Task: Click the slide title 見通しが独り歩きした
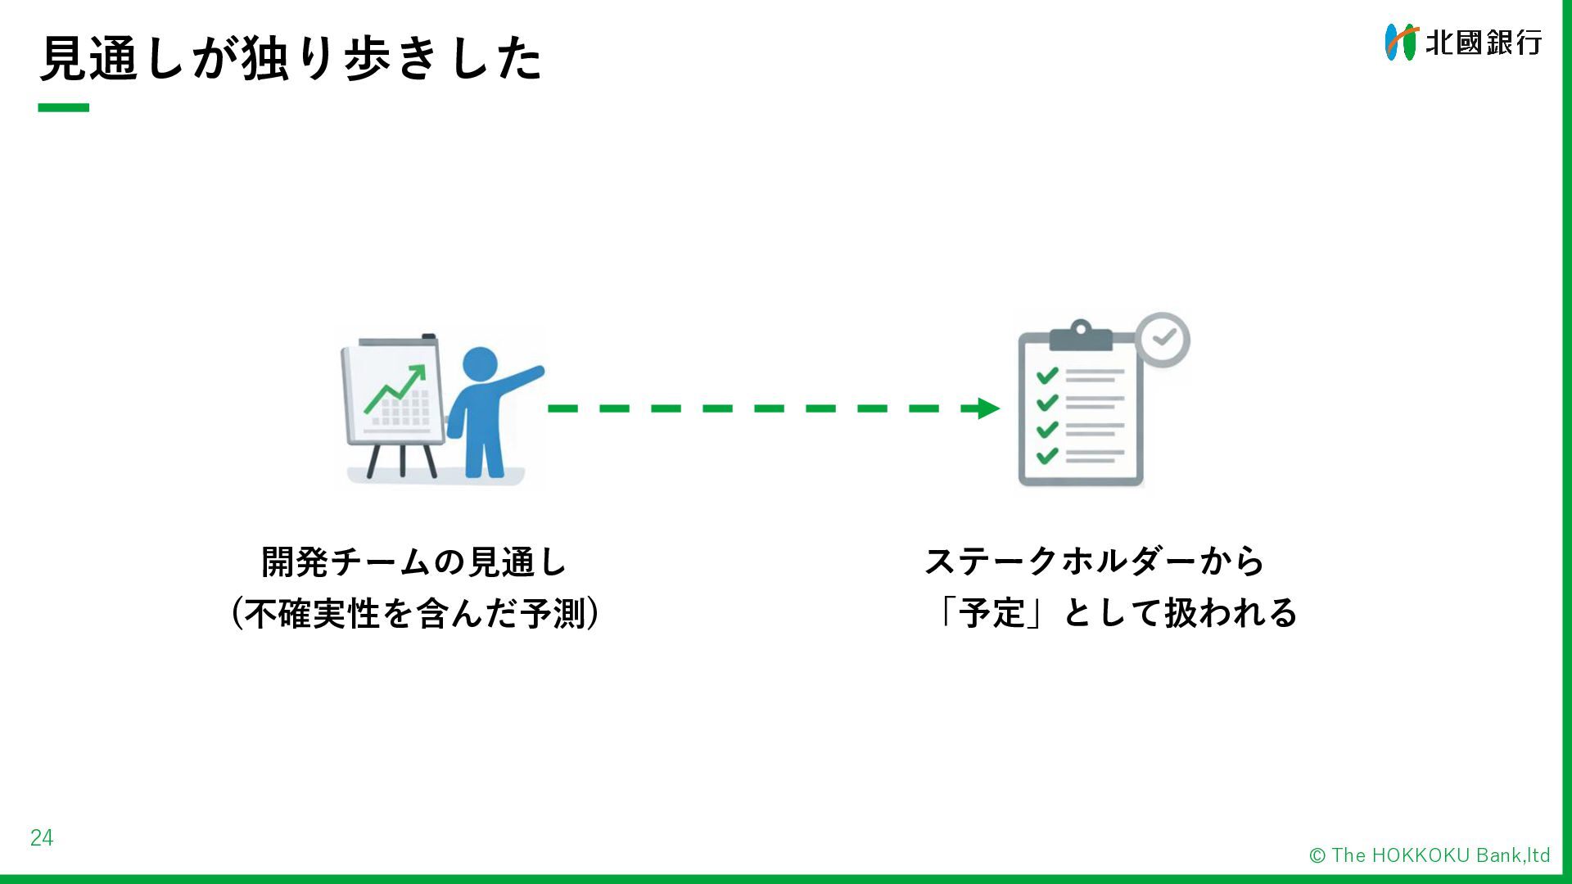click(x=291, y=58)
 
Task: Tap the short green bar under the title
click(x=63, y=107)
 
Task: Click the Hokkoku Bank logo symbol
click(x=1400, y=42)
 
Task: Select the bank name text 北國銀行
click(x=1483, y=43)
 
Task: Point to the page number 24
click(x=42, y=837)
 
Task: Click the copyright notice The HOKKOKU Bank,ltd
click(x=1430, y=855)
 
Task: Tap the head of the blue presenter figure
click(x=480, y=363)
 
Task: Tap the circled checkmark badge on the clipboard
click(x=1163, y=339)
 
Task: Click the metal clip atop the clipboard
click(x=1080, y=335)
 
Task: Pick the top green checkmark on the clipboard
click(x=1046, y=376)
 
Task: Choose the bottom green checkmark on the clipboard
click(x=1046, y=455)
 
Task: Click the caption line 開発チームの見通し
click(x=414, y=562)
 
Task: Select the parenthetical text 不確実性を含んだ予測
click(x=415, y=614)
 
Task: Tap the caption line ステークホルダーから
click(x=1094, y=562)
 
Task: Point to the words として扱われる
click(x=1180, y=613)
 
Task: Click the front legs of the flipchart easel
click(x=401, y=460)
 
